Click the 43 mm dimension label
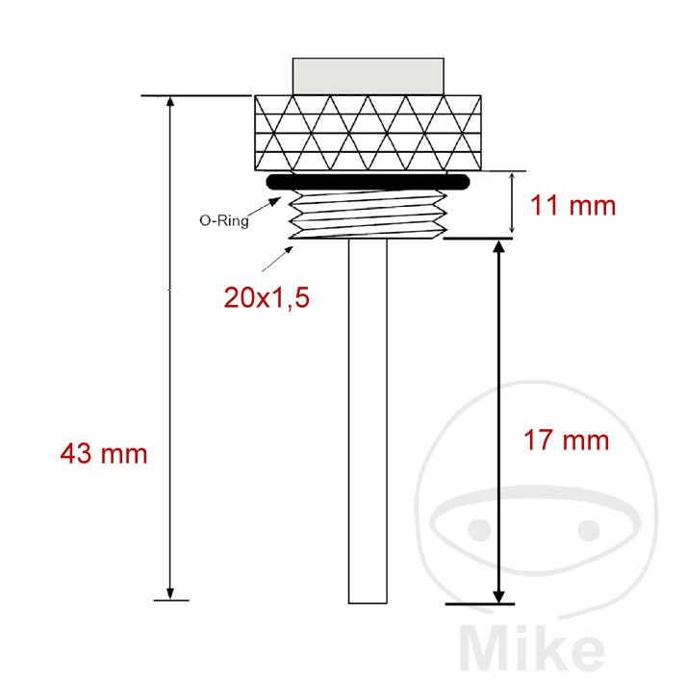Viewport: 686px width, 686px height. pyautogui.click(x=104, y=454)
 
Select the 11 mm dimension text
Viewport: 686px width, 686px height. pyautogui.click(x=573, y=205)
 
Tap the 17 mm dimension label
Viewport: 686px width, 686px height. pyautogui.click(x=566, y=440)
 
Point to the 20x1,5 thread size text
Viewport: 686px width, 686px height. pyautogui.click(x=267, y=298)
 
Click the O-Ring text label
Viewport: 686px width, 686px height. pyautogui.click(x=224, y=220)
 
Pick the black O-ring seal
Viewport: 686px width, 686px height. pyautogui.click(x=368, y=182)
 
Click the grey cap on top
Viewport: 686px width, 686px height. pyautogui.click(x=368, y=76)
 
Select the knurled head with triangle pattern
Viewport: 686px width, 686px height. pyautogui.click(x=368, y=133)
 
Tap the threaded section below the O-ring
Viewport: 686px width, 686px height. pyautogui.click(x=368, y=215)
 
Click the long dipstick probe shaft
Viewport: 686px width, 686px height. pyautogui.click(x=368, y=421)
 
